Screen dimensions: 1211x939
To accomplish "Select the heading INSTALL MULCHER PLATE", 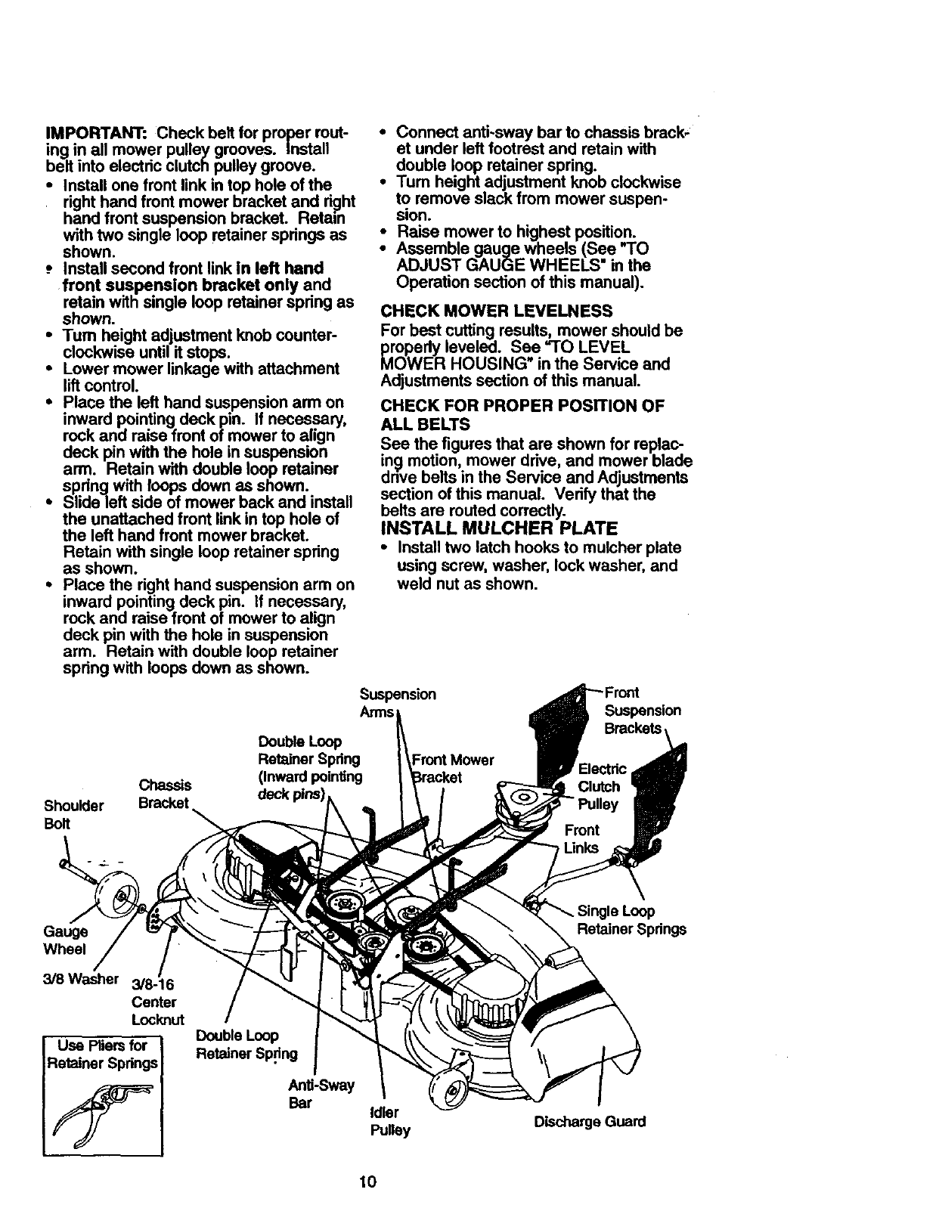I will click(500, 527).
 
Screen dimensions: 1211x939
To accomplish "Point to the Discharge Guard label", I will click(590, 1122).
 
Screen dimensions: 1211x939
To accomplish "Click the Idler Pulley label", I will click(389, 1121).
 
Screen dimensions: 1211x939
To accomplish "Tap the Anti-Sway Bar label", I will click(321, 1094).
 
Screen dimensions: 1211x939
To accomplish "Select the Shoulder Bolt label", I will click(74, 813).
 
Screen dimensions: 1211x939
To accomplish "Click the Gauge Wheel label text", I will click(65, 940).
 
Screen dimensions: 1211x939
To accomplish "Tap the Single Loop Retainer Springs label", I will click(631, 920).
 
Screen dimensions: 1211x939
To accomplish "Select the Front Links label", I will click(581, 838).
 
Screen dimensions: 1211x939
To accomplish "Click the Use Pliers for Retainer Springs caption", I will click(103, 1055).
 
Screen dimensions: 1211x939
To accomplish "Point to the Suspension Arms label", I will click(397, 703).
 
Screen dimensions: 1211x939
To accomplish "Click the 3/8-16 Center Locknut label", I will click(156, 1002).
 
